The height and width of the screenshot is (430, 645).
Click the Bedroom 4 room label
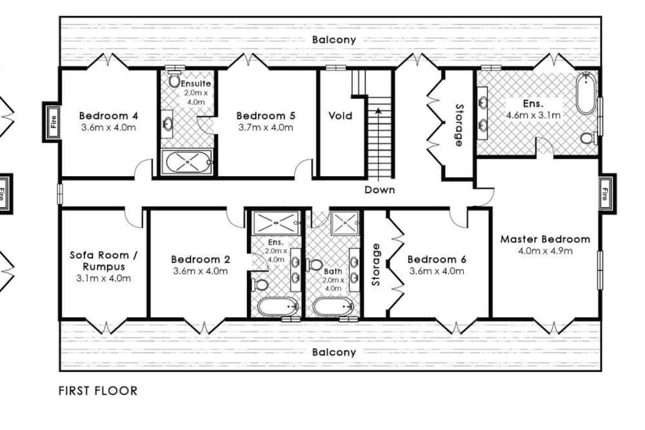pos(108,116)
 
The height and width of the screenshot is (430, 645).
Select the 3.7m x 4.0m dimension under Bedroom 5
pos(266,128)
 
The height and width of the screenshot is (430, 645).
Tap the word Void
pos(340,116)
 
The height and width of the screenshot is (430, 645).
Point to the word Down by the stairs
pos(380,190)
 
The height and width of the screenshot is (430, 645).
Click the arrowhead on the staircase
pos(379,110)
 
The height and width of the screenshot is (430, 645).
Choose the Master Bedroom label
pos(545,240)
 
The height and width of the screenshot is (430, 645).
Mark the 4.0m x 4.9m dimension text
pos(545,251)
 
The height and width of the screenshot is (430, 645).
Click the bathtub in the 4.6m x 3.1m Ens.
pos(586,94)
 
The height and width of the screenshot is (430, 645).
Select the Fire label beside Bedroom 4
pos(53,122)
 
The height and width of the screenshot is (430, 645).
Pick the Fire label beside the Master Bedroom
pos(605,194)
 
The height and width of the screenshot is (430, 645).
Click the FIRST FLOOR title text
pos(98,391)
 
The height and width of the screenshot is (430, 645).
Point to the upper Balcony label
pos(334,40)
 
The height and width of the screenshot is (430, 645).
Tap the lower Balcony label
pos(334,353)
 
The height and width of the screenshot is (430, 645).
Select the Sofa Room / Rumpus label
pos(104,261)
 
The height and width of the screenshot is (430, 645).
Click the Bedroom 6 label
pos(437,260)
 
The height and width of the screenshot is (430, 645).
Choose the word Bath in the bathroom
pos(333,272)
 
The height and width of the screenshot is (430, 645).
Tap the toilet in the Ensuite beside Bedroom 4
pos(174,81)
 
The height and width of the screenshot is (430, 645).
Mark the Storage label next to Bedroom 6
pos(375,265)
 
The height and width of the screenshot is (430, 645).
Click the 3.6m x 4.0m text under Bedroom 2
pos(201,271)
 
